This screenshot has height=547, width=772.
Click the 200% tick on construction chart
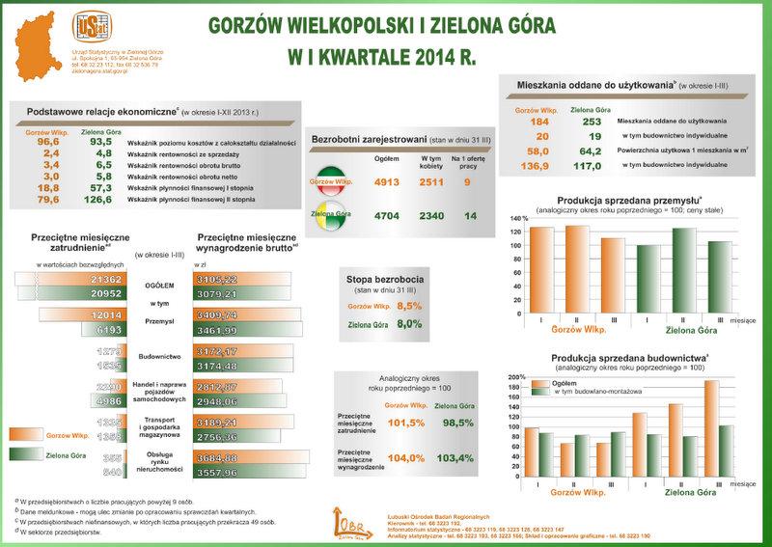pyautogui.click(x=514, y=376)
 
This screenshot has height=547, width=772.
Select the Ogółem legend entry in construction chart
pyautogui.click(x=565, y=383)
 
